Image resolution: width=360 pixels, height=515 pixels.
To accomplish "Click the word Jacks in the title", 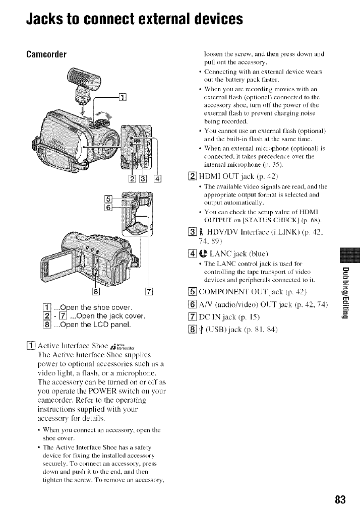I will (48, 19).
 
